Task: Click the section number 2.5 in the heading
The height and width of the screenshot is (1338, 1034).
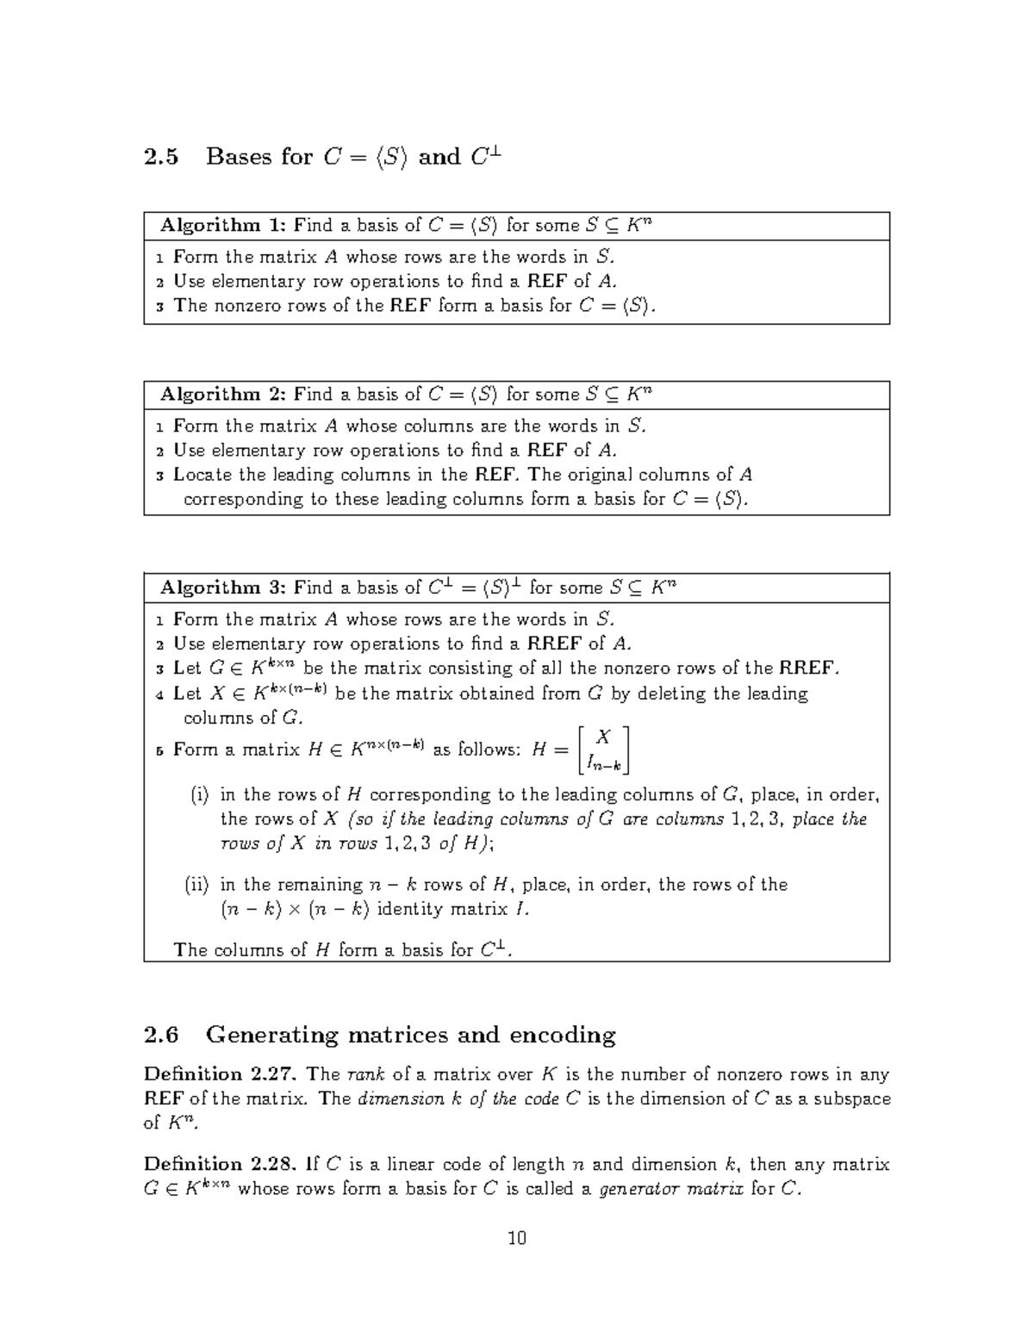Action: pyautogui.click(x=161, y=157)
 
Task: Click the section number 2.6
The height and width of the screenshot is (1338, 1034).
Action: pyautogui.click(x=161, y=1034)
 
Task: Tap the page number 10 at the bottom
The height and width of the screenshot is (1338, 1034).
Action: pyautogui.click(x=517, y=1238)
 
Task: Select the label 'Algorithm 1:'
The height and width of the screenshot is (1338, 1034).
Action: pyautogui.click(x=222, y=226)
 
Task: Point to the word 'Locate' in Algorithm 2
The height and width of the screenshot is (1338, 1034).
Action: pyautogui.click(x=202, y=475)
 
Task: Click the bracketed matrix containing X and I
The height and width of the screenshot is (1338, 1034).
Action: pyautogui.click(x=604, y=750)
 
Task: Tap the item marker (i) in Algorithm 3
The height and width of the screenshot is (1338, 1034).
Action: pyautogui.click(x=199, y=795)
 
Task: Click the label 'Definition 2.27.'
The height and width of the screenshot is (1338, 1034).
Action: pyautogui.click(x=221, y=1074)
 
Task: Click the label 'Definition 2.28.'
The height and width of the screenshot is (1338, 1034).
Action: pyautogui.click(x=221, y=1165)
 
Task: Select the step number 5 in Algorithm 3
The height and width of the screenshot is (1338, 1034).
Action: pyautogui.click(x=159, y=750)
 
